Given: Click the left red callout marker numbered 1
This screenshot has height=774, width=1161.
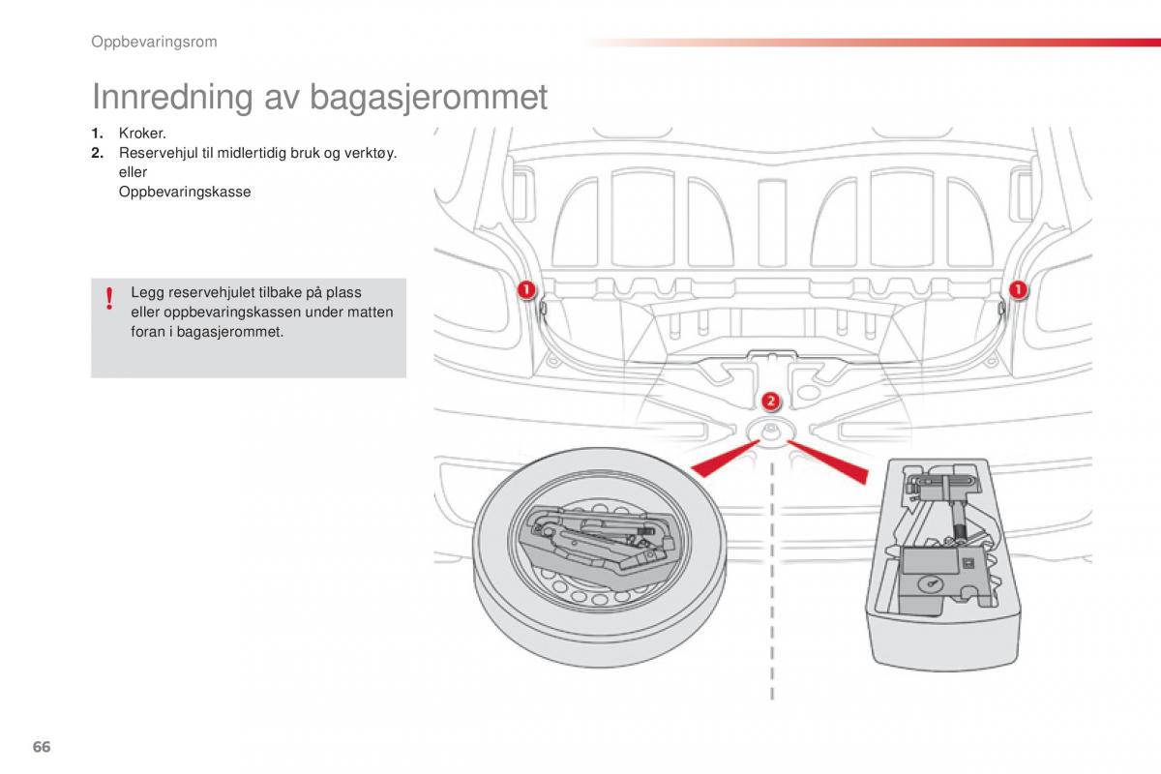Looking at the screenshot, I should (x=524, y=289).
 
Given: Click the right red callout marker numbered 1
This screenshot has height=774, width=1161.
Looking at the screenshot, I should (x=1019, y=289).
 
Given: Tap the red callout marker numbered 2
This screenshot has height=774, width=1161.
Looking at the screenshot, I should (x=770, y=402).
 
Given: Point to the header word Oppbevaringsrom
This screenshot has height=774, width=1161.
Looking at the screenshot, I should (x=154, y=42).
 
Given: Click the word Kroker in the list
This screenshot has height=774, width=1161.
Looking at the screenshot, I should (x=142, y=134).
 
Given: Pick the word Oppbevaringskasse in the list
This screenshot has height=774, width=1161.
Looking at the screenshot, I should (x=184, y=192).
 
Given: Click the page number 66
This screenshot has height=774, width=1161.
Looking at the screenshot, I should (x=41, y=746).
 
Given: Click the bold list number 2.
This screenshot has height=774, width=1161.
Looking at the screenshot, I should (x=97, y=153).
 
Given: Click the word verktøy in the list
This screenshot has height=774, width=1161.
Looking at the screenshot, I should (x=372, y=153).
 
